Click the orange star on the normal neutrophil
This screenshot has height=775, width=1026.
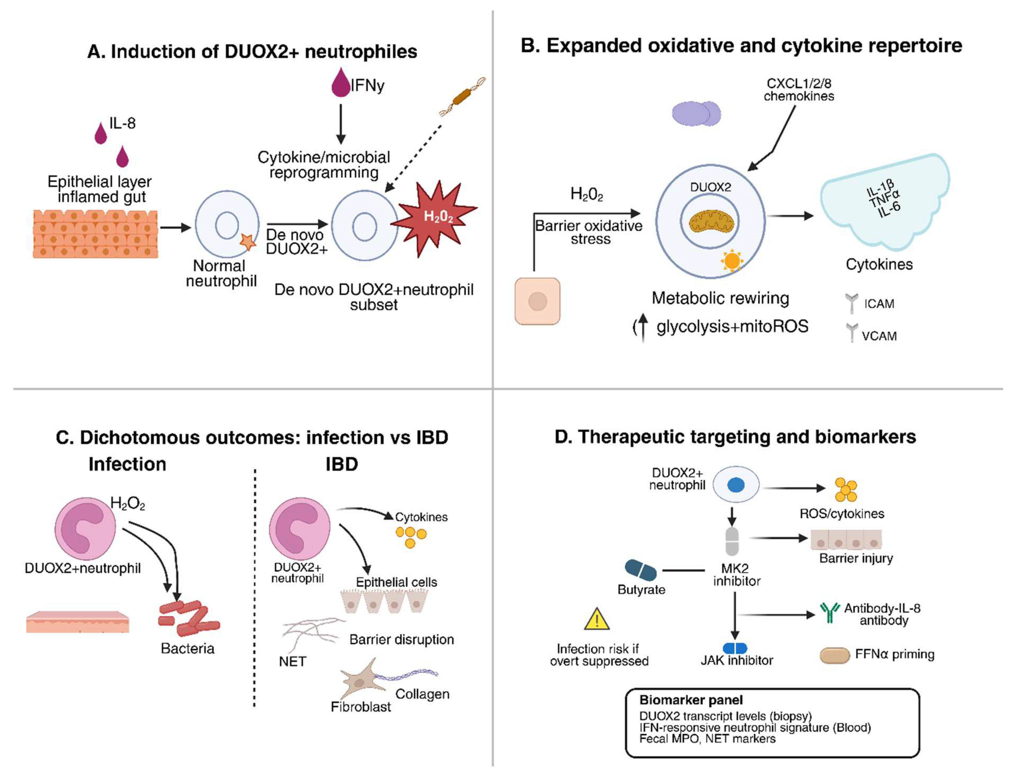click(247, 242)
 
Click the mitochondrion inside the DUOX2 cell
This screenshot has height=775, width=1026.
click(710, 222)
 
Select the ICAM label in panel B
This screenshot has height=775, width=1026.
click(879, 304)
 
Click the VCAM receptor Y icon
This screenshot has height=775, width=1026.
click(852, 332)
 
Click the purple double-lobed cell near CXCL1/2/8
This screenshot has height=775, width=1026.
click(696, 114)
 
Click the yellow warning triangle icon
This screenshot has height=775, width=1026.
click(597, 620)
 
